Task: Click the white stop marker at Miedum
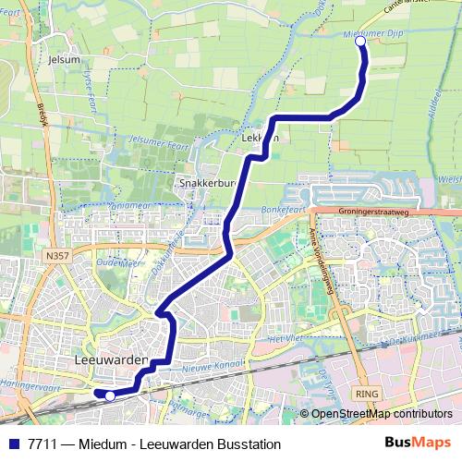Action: pos(360,41)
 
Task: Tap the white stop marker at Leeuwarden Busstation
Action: pos(110,395)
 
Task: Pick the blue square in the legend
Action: pos(13,443)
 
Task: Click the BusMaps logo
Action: pos(419,442)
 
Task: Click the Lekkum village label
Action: pos(259,139)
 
